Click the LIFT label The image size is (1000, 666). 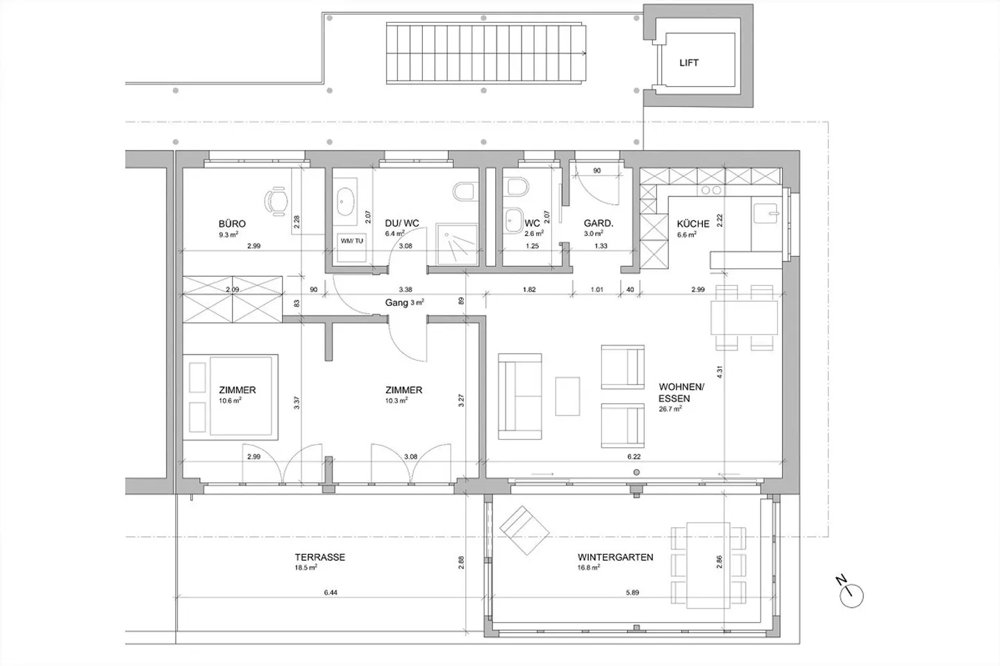(x=689, y=63)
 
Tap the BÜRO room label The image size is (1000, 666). (x=232, y=224)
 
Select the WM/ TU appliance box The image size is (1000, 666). (x=352, y=248)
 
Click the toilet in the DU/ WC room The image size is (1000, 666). (x=463, y=191)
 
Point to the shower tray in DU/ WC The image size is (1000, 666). (x=457, y=244)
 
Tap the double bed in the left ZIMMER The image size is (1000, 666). (x=231, y=397)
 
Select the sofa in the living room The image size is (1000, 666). (x=520, y=397)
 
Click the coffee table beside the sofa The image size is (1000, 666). (x=567, y=396)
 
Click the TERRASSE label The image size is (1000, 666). (x=319, y=557)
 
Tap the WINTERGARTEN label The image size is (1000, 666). (x=615, y=557)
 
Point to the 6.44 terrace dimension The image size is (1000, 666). (x=331, y=593)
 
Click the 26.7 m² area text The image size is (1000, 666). (x=670, y=409)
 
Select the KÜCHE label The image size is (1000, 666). (x=693, y=224)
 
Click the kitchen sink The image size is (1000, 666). (x=766, y=213)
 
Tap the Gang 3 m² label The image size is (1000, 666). (x=404, y=303)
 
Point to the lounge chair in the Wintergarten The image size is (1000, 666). (x=524, y=531)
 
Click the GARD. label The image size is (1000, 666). (x=598, y=224)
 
